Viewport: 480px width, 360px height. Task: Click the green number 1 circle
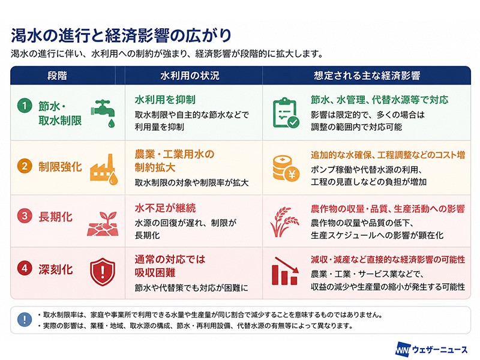[x=25, y=106]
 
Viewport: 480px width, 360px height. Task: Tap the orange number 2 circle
[x=25, y=166]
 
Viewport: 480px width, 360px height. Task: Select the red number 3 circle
[x=25, y=216]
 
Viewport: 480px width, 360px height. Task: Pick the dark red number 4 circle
[x=25, y=268]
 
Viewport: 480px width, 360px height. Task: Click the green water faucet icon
[x=103, y=113]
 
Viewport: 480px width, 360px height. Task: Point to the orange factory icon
[x=104, y=169]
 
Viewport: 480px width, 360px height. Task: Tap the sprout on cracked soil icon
[x=103, y=224]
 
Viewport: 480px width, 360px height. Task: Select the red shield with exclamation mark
[x=103, y=272]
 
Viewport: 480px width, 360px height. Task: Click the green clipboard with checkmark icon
[x=286, y=113]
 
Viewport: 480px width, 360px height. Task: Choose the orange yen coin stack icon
[x=286, y=169]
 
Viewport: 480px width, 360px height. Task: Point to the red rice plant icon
[x=284, y=222]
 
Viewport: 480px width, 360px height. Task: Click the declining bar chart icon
[x=285, y=271]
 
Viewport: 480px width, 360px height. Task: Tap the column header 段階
[x=57, y=76]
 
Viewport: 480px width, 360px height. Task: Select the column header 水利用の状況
[x=190, y=76]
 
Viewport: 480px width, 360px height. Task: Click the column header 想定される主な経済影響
[x=367, y=76]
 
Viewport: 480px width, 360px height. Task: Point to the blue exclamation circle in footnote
[x=25, y=320]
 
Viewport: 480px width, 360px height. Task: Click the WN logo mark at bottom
[x=402, y=350]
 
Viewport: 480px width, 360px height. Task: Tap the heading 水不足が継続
[x=166, y=208]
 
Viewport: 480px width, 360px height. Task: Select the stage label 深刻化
[x=56, y=269]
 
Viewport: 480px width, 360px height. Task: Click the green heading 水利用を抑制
[x=165, y=100]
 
